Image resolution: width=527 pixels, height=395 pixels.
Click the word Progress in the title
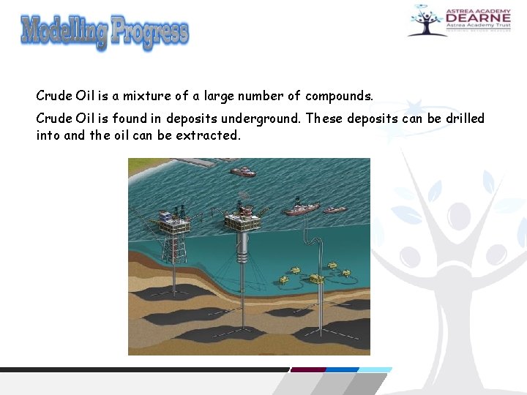(150, 32)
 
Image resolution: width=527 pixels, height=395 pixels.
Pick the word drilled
(465, 118)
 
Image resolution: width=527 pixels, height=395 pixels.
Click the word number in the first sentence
(258, 96)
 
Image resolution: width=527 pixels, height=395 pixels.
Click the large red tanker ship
(301, 208)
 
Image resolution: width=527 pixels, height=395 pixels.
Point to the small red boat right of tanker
(335, 209)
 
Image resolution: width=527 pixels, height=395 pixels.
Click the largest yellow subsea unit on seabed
(315, 278)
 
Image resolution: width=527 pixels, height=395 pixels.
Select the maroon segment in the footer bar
(307, 370)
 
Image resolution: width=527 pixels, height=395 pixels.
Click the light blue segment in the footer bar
(375, 370)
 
